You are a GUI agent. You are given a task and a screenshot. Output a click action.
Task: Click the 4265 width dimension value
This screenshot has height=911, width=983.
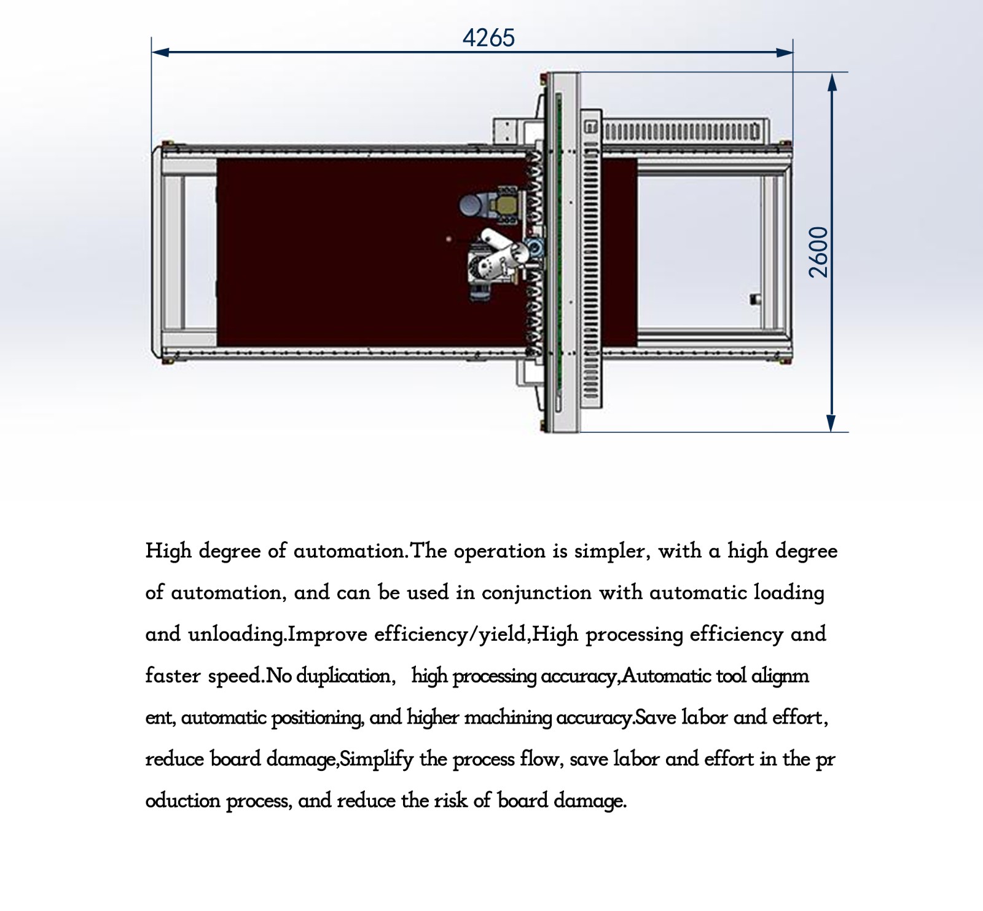tap(488, 38)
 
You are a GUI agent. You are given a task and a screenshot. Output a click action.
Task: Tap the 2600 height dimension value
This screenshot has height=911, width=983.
tap(819, 252)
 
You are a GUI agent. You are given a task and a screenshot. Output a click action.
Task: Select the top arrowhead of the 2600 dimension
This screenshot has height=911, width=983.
tap(832, 82)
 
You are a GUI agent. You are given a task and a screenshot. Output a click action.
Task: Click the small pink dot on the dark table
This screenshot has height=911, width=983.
tap(449, 238)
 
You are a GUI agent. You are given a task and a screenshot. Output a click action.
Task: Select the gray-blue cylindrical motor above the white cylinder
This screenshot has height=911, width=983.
tap(474, 203)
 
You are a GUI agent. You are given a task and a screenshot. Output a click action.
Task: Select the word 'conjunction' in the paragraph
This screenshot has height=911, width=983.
tap(536, 593)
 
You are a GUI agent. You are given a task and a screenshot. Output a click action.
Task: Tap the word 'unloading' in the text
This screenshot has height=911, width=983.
tap(237, 634)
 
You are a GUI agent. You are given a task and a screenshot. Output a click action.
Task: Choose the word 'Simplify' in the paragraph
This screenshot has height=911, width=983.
tap(377, 759)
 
